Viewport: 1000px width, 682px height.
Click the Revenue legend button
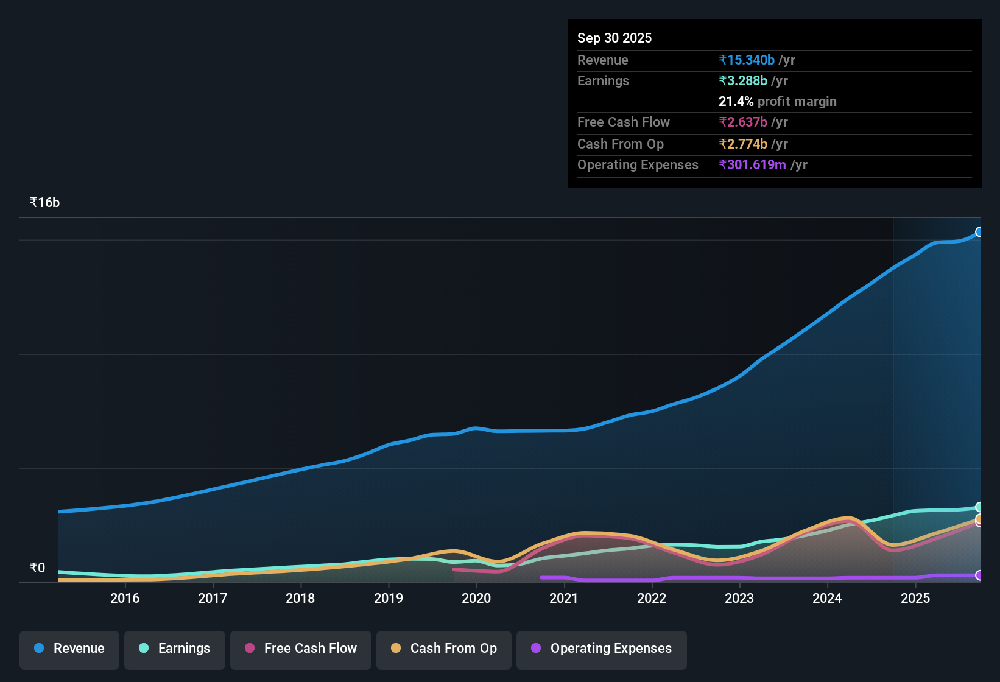pyautogui.click(x=69, y=649)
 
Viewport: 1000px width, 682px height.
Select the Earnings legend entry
pyautogui.click(x=175, y=649)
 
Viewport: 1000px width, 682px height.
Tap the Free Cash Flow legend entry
pyautogui.click(x=301, y=649)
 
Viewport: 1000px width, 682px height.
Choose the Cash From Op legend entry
pyautogui.click(x=444, y=649)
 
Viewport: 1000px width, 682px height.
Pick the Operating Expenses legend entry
pyautogui.click(x=602, y=649)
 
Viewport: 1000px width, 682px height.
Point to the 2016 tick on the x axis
pyautogui.click(x=125, y=598)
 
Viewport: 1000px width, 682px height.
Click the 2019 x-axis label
pyautogui.click(x=389, y=598)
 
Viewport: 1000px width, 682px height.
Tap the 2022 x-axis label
pyautogui.click(x=652, y=598)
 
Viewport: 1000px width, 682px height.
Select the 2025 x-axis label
pyautogui.click(x=915, y=598)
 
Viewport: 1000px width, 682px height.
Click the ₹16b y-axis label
pyautogui.click(x=44, y=203)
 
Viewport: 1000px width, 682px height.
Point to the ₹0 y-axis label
pyautogui.click(x=37, y=568)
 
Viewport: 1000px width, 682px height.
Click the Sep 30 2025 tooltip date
pyautogui.click(x=614, y=38)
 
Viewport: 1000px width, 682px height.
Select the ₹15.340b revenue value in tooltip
pyautogui.click(x=747, y=60)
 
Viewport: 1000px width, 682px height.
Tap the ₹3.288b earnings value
pyautogui.click(x=743, y=80)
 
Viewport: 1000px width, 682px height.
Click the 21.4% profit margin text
pyautogui.click(x=777, y=101)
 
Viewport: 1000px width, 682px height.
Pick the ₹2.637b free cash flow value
pyautogui.click(x=743, y=122)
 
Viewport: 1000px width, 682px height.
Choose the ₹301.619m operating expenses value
pyautogui.click(x=752, y=164)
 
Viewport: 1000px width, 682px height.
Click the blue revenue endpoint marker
pyautogui.click(x=979, y=232)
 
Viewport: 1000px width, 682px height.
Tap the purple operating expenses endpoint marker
pyautogui.click(x=979, y=575)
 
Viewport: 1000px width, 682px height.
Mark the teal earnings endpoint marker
pyautogui.click(x=979, y=507)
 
